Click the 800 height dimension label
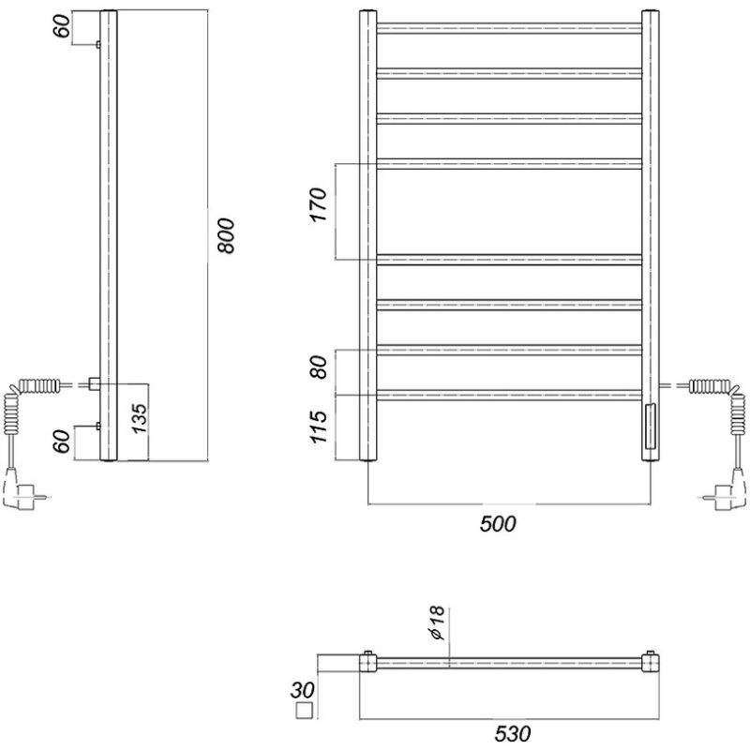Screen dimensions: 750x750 [226, 236]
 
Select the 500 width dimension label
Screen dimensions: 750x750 [498, 524]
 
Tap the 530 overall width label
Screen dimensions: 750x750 [512, 734]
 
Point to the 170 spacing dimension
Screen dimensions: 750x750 [319, 204]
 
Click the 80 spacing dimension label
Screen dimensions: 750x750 [319, 367]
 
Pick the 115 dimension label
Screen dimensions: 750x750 [319, 427]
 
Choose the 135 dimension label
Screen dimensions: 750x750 [140, 418]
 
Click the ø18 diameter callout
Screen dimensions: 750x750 [437, 622]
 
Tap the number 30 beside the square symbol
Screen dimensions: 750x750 [302, 690]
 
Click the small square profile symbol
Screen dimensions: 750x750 [304, 711]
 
